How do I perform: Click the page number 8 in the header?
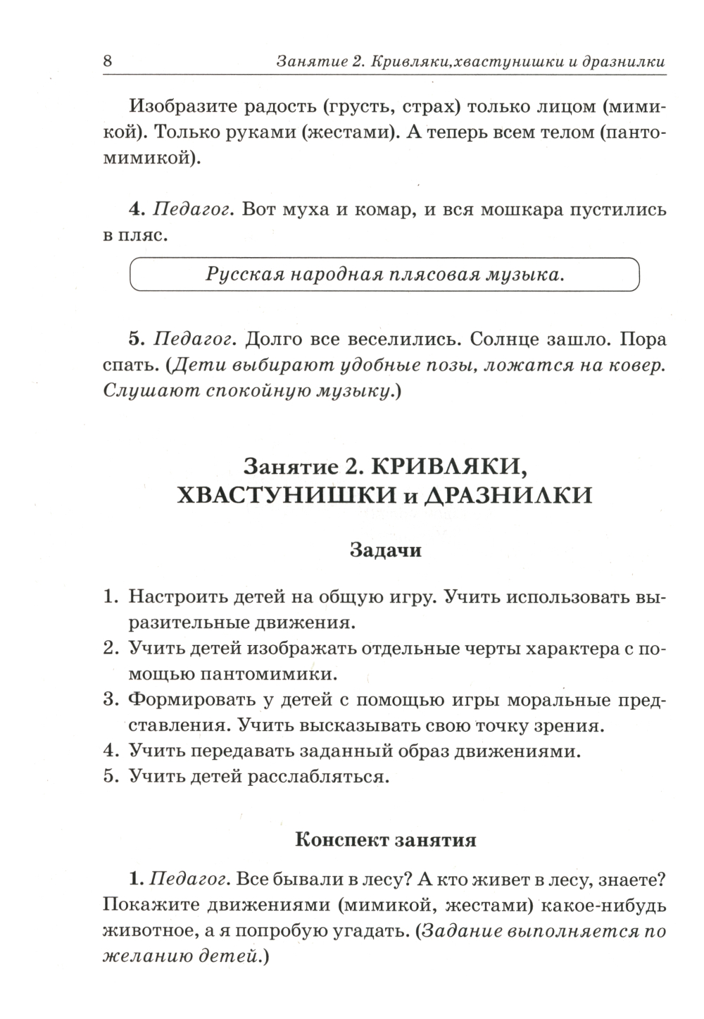point(107,61)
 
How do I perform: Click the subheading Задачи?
point(385,550)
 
